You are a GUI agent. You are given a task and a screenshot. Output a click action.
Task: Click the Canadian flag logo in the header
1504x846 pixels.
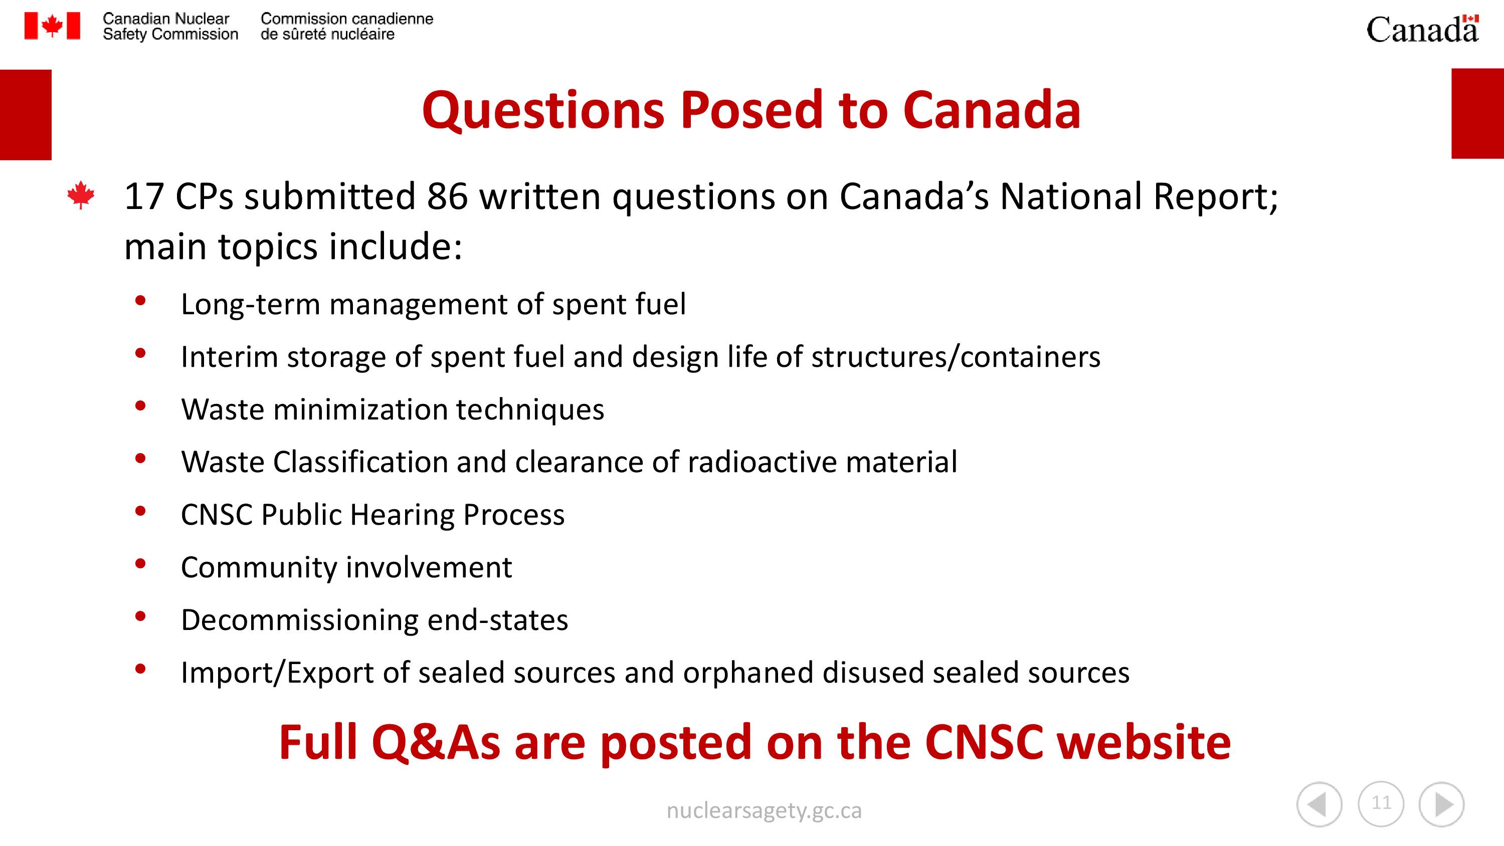point(52,26)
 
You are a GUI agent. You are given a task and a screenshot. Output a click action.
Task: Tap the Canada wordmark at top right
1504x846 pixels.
point(1423,29)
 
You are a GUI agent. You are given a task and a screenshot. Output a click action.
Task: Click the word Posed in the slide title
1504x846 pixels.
point(751,110)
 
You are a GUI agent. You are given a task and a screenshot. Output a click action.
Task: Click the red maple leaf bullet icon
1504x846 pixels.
point(81,195)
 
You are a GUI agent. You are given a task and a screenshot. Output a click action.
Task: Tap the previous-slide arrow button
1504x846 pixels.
point(1320,804)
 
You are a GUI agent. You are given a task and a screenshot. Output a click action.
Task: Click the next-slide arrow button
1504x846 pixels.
point(1441,804)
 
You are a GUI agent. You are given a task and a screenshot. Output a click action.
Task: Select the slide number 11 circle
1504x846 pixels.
point(1381,803)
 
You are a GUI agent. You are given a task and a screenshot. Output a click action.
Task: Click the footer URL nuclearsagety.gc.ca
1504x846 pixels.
point(764,811)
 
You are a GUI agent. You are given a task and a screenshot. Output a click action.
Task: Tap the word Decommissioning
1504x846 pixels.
point(299,619)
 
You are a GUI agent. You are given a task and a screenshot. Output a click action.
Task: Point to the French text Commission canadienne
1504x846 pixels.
point(347,19)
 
